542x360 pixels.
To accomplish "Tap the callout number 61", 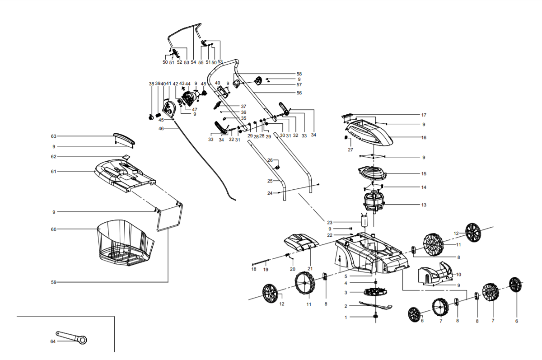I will click(x=53, y=172).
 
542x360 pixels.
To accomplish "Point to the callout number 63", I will click(x=53, y=136).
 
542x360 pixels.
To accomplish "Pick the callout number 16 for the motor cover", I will click(x=424, y=137).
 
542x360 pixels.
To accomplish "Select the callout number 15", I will click(x=424, y=173).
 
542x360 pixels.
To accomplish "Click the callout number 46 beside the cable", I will click(x=161, y=129).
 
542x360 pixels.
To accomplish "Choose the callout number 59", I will click(x=53, y=282).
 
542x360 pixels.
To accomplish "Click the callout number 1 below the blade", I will click(x=346, y=318).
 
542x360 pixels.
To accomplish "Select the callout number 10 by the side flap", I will click(x=458, y=275).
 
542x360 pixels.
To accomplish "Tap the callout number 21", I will click(x=310, y=269).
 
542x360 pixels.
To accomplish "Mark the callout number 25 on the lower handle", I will click(x=270, y=181).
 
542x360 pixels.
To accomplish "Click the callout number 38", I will click(x=151, y=84).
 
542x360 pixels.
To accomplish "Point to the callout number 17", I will click(x=424, y=115).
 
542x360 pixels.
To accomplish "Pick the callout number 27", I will click(x=350, y=150).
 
